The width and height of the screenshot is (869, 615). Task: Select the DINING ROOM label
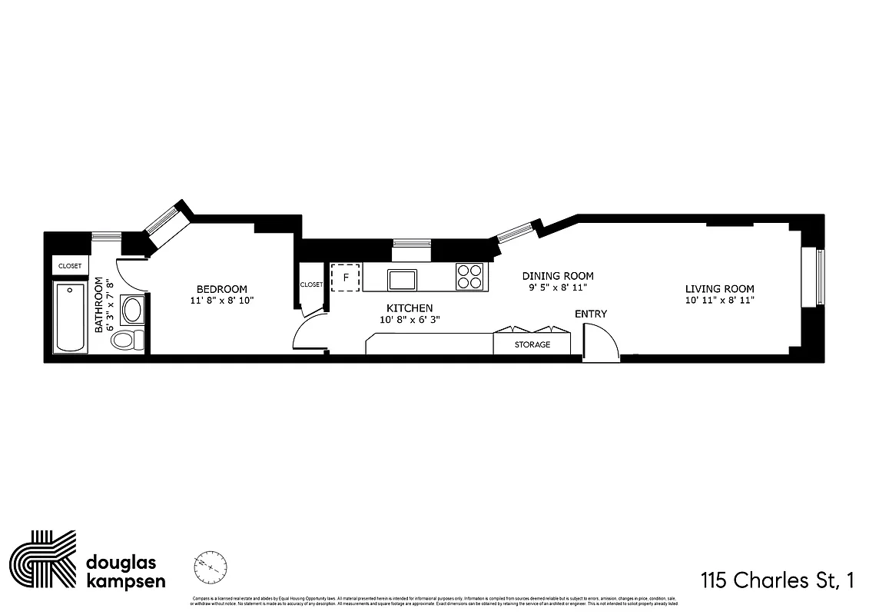click(558, 276)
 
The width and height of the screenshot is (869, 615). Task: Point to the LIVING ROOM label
click(720, 289)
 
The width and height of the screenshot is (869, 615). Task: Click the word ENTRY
click(591, 314)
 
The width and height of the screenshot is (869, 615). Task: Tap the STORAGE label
click(532, 344)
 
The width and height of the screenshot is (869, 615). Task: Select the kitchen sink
click(402, 278)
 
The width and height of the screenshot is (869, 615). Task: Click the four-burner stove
click(470, 277)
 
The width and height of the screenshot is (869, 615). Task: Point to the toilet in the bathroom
click(126, 339)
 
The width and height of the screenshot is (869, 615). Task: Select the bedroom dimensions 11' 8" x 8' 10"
click(221, 301)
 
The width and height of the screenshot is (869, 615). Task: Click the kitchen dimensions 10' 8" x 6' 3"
click(410, 320)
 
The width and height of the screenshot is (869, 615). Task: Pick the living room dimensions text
click(720, 301)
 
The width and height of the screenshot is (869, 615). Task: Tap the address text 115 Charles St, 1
click(777, 580)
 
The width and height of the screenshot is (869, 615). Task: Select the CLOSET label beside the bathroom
click(70, 266)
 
